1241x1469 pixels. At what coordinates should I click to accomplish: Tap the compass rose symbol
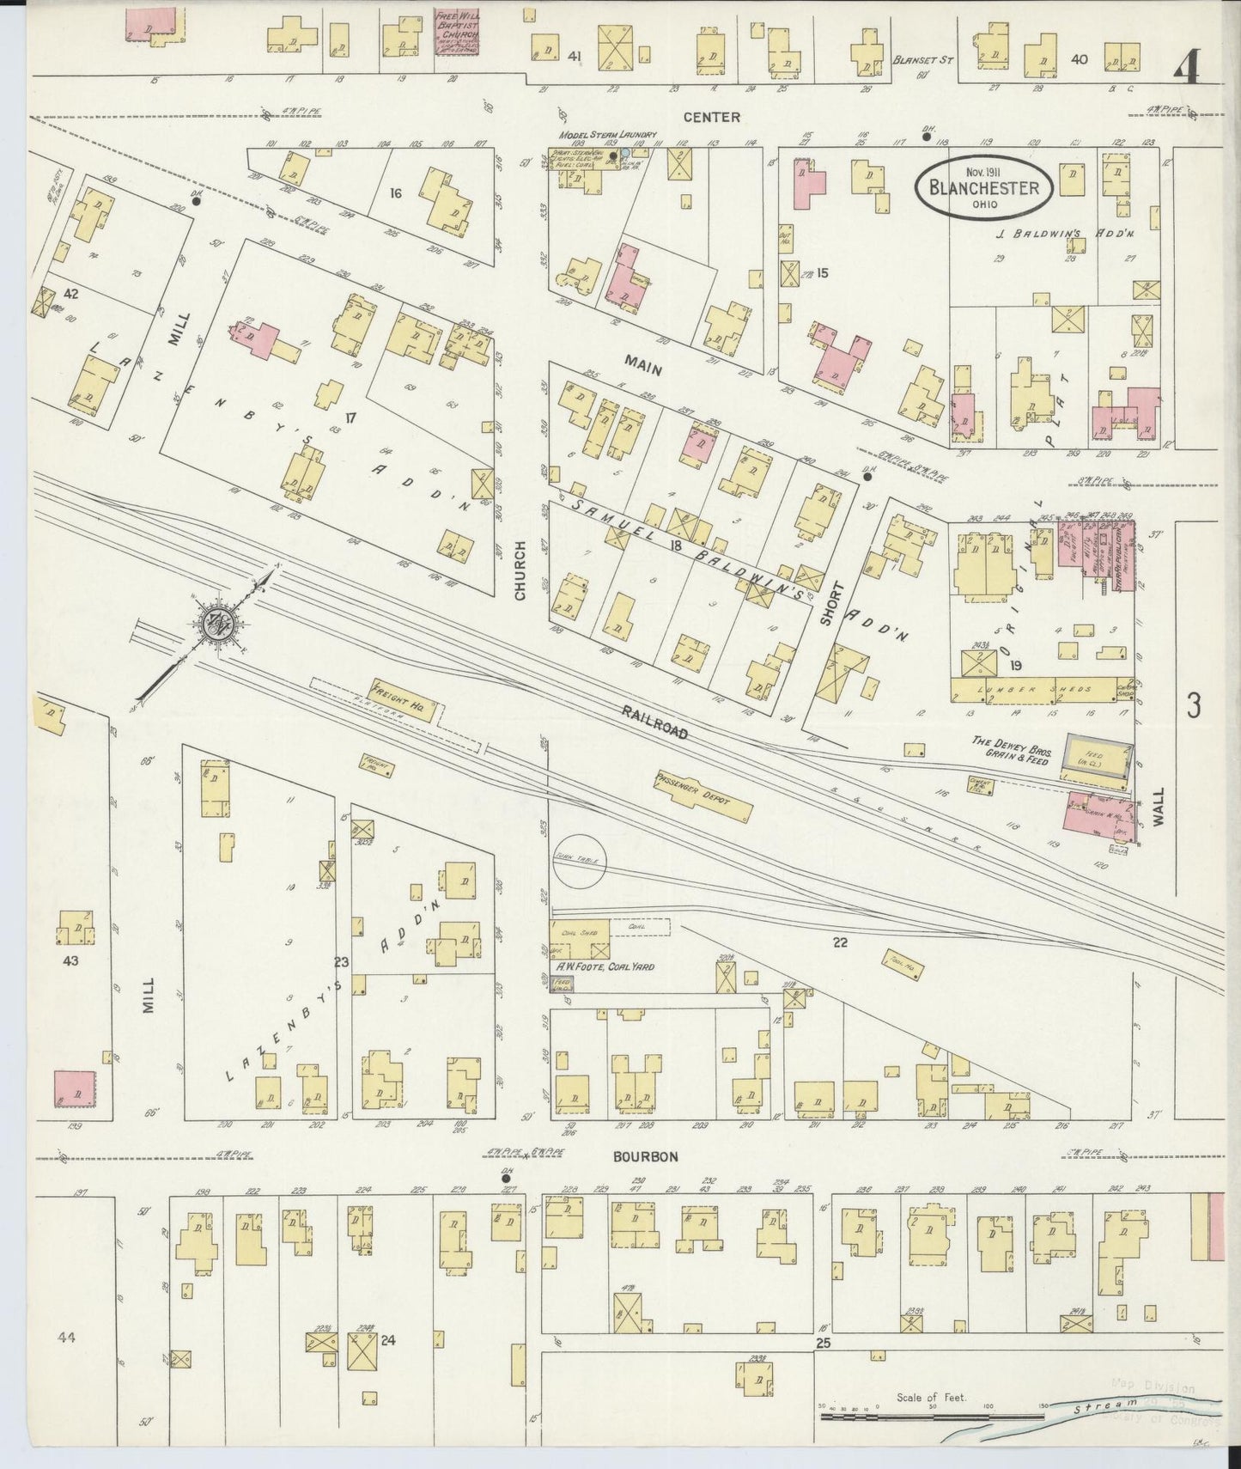(211, 625)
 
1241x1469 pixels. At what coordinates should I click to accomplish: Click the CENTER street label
(711, 117)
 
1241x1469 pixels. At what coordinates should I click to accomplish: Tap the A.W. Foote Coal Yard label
(605, 966)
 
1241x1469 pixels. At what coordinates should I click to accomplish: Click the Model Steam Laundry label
(607, 135)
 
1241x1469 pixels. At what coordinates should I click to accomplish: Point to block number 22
(840, 942)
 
